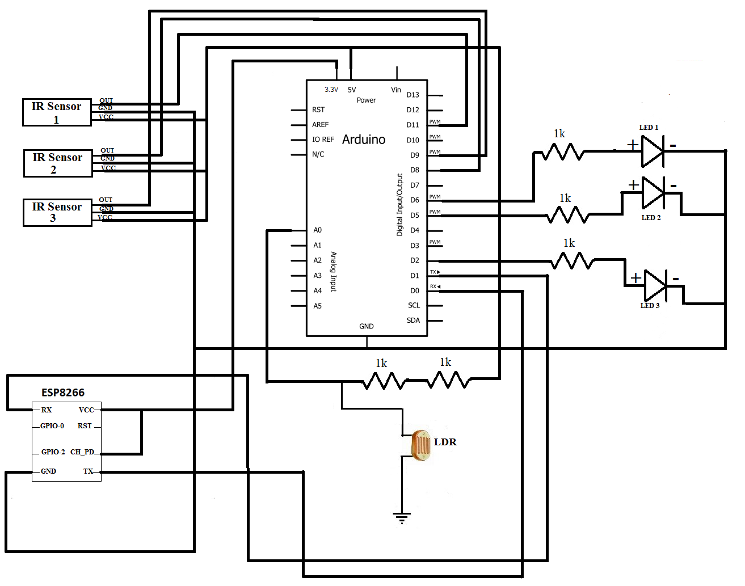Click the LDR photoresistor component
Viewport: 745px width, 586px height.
[421, 445]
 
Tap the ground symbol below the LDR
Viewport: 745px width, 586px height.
[402, 517]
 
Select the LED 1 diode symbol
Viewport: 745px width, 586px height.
[652, 151]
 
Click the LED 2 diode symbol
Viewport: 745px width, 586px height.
[653, 193]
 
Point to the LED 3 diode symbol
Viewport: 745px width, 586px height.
[655, 285]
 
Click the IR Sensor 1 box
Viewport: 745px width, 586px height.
[57, 112]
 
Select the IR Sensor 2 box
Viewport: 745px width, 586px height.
[58, 163]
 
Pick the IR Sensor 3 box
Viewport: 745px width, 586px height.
[57, 212]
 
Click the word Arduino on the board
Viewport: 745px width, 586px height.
[364, 140]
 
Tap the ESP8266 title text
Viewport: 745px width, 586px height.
[63, 393]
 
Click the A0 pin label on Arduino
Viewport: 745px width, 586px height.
[317, 230]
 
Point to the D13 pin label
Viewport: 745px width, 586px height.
[413, 95]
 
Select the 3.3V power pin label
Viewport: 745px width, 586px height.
[331, 90]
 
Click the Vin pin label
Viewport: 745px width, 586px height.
[396, 90]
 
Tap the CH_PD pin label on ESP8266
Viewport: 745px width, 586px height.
[82, 452]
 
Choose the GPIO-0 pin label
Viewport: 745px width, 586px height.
[52, 426]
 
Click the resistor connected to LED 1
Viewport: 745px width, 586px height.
[563, 152]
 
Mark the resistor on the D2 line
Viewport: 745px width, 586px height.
[573, 261]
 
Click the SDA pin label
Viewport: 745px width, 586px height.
[413, 321]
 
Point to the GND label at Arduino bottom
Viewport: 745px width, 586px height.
[367, 326]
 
